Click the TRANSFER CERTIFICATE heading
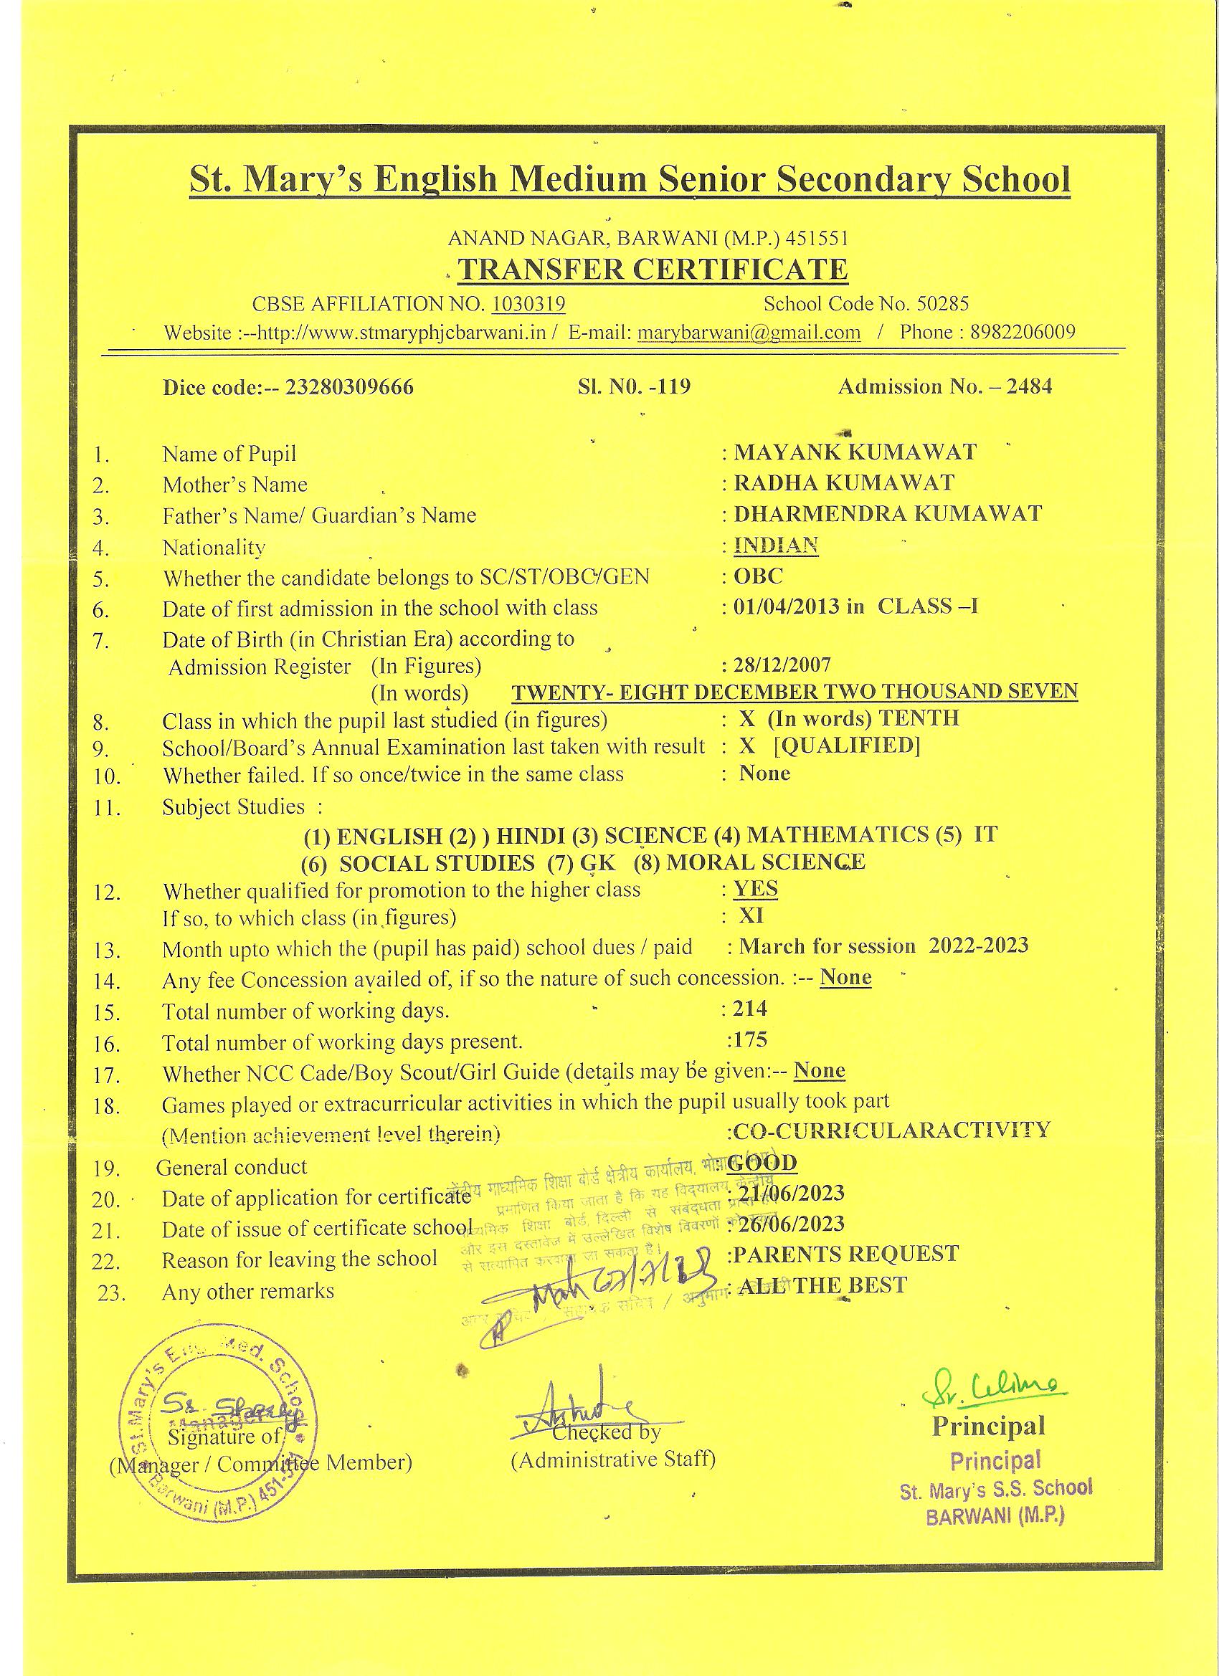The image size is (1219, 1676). coord(652,270)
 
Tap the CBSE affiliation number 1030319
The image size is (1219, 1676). coord(528,304)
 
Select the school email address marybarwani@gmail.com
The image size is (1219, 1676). coord(749,332)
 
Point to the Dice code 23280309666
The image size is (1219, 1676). coord(349,387)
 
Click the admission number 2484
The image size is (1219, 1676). coord(1028,386)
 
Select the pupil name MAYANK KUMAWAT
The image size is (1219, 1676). coord(855,452)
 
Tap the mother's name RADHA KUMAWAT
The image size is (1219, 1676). coord(843,482)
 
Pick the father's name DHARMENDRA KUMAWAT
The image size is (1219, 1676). coord(887,513)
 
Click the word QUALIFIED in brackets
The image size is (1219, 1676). coord(847,746)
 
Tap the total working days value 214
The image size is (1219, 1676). coord(749,1008)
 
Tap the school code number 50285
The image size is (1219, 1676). coord(941,304)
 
